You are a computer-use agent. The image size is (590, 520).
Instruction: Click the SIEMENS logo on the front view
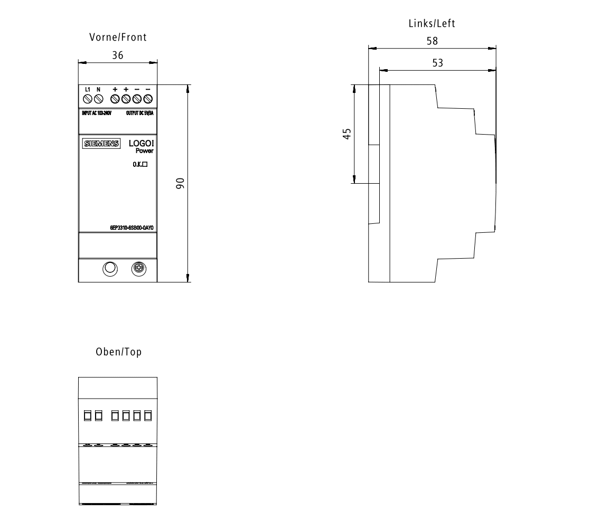pos(101,144)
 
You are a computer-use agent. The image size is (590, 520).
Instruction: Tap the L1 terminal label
pos(88,90)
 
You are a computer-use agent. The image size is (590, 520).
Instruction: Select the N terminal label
pos(98,90)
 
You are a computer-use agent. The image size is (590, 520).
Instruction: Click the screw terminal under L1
pos(88,99)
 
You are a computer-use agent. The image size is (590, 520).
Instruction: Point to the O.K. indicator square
pos(144,164)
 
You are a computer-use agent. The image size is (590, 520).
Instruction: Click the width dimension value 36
pos(117,55)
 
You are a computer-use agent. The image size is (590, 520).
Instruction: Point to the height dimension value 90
pos(180,183)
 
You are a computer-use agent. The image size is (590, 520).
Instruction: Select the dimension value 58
pos(432,41)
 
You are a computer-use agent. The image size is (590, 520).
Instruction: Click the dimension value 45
pos(346,134)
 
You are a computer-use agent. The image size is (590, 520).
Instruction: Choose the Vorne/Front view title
pos(117,37)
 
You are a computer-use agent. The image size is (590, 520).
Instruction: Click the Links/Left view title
pos(432,24)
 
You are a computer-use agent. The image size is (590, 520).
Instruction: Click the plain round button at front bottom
pos(109,269)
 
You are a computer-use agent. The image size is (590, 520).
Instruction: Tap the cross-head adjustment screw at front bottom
pos(139,269)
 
